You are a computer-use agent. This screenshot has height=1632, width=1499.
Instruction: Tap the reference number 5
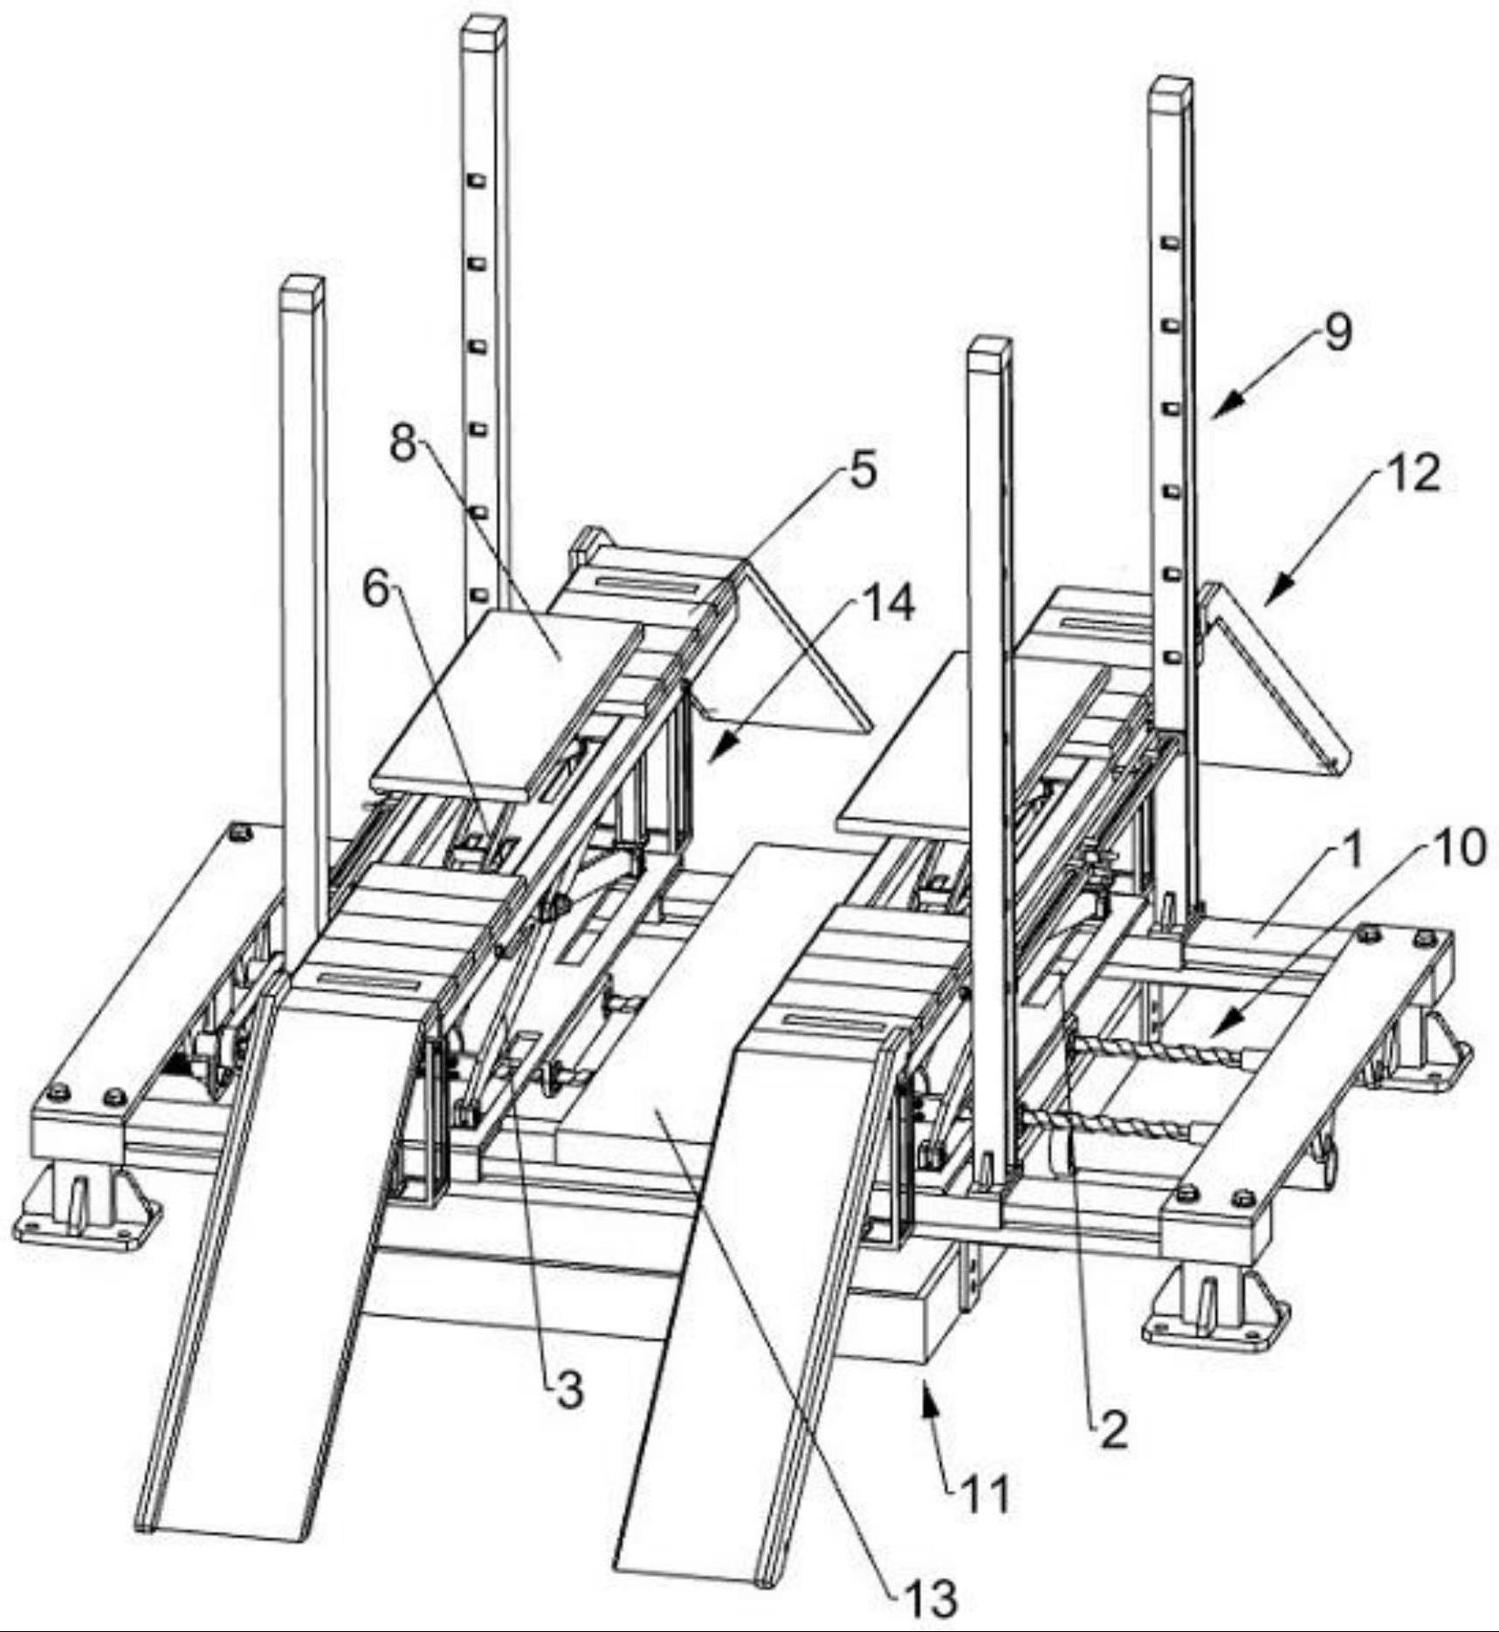(863, 472)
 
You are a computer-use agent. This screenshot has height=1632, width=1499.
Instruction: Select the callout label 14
(888, 603)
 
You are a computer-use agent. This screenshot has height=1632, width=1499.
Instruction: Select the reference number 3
(569, 1388)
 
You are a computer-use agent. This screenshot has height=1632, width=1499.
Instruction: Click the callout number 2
(1113, 1430)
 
